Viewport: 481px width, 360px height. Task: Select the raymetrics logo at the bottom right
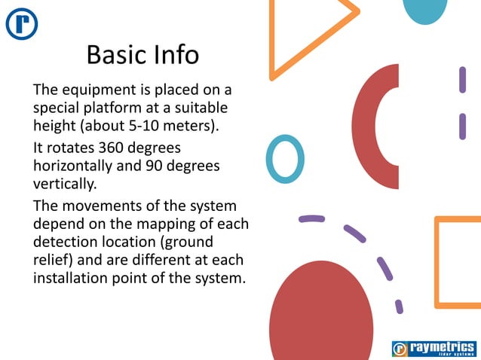(x=434, y=348)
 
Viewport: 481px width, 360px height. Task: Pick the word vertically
(x=65, y=183)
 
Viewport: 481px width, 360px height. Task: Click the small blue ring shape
(x=285, y=158)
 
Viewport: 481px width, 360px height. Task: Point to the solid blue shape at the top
(x=425, y=9)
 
